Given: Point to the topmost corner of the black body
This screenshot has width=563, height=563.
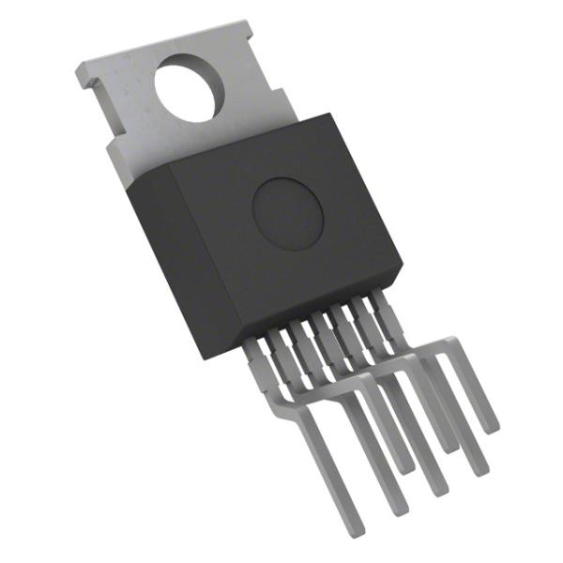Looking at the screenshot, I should [332, 114].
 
